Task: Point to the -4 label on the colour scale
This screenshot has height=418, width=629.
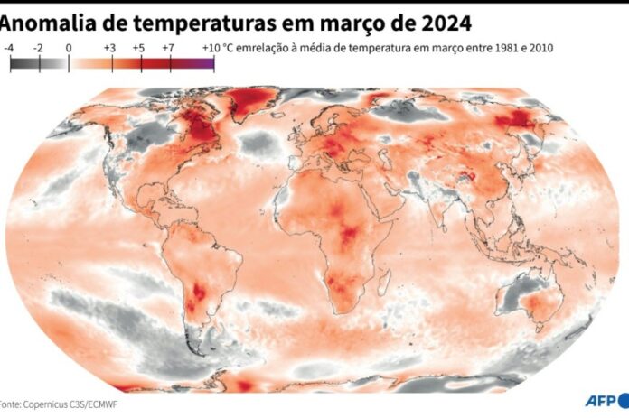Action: (8, 48)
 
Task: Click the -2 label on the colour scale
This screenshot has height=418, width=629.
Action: (39, 48)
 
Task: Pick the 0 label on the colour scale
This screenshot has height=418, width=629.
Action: (70, 48)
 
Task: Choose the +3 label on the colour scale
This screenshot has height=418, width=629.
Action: (109, 48)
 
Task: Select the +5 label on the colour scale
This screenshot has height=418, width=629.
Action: (139, 48)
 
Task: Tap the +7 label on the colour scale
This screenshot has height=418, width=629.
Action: (169, 48)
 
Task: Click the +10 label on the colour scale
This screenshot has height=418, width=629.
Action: (211, 48)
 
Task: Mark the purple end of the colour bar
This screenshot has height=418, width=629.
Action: (209, 63)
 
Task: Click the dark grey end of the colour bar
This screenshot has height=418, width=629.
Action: (14, 63)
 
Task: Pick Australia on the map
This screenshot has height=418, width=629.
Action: (533, 298)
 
